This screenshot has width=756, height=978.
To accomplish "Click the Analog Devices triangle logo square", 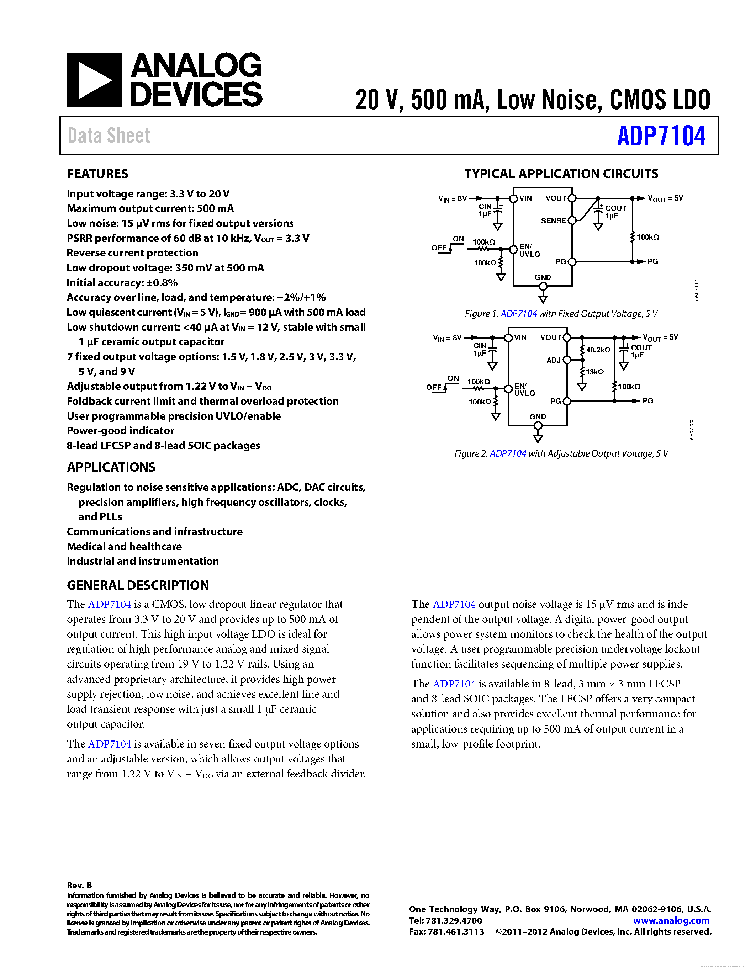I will [x=94, y=80].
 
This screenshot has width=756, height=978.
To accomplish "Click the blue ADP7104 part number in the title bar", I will [x=661, y=136].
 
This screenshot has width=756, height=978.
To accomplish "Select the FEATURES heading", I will [x=97, y=174].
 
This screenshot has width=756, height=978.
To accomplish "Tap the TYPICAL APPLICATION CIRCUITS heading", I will [x=561, y=174].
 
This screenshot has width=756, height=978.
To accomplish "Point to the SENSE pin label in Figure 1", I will [x=553, y=221].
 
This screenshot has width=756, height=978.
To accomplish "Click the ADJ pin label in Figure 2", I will [x=554, y=360].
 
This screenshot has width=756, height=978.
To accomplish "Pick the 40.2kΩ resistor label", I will [x=598, y=350].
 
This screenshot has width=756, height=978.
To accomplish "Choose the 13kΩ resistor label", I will [x=595, y=372].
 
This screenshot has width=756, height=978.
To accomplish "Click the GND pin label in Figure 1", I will [x=543, y=277].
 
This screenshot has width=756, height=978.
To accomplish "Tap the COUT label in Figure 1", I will [x=616, y=208].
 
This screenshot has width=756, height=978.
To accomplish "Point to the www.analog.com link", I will [x=671, y=920].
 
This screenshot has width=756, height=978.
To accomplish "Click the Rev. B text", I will [x=79, y=885].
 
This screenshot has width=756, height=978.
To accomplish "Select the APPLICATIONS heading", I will [x=111, y=467].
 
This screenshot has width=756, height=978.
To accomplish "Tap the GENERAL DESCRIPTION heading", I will [x=138, y=585].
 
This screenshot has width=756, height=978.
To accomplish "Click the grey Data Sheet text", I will [x=109, y=136].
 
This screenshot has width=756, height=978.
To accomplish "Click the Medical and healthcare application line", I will [x=125, y=546].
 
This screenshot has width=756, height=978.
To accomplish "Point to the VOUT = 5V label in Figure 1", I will [x=665, y=198].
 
